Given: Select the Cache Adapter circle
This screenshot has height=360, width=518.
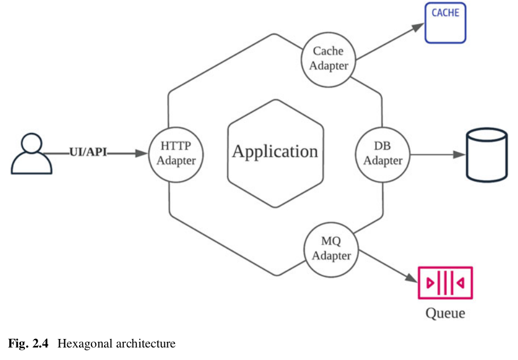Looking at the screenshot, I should coord(328,59).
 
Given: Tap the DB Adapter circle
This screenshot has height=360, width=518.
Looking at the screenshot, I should coord(382,154).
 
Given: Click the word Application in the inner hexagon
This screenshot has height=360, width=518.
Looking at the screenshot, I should coord(275,151).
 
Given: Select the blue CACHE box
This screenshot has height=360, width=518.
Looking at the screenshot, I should coord(445,23).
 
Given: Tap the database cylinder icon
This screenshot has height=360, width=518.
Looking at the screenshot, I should coord(486,154).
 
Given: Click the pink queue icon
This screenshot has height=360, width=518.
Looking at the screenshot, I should coord(445,282).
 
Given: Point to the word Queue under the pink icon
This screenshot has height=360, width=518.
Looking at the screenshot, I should coord(445,313).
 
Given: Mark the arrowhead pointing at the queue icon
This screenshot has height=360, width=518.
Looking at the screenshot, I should coord(412,278).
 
